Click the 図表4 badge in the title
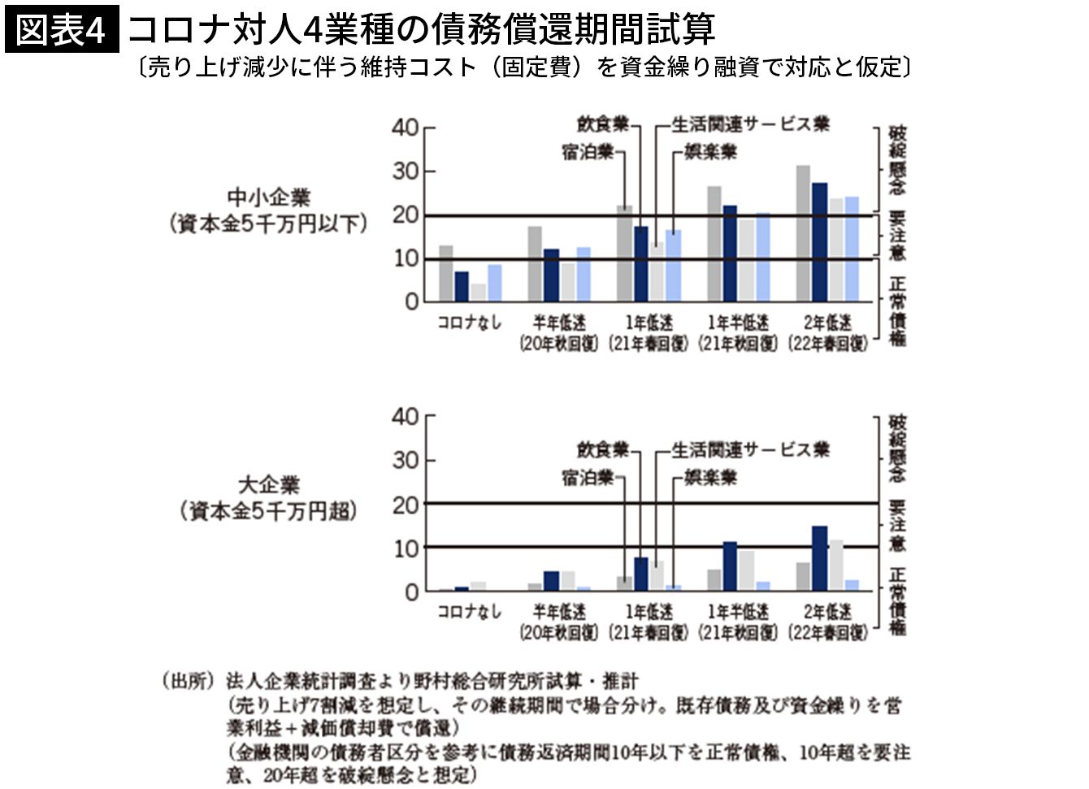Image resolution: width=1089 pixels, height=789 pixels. (62, 30)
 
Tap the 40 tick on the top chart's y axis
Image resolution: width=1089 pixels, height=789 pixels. (405, 128)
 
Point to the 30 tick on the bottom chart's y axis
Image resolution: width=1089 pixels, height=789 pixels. (405, 461)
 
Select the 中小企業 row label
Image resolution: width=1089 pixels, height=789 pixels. (269, 197)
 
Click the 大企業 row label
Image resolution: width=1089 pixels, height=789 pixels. (269, 485)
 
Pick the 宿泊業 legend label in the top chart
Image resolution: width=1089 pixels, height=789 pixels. (587, 152)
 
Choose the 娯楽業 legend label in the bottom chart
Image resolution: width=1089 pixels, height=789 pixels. (710, 477)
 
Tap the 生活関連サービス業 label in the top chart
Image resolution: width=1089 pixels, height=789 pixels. (750, 124)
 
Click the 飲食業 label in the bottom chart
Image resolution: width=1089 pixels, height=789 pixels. (603, 449)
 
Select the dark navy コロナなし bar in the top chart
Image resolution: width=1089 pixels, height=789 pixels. (462, 286)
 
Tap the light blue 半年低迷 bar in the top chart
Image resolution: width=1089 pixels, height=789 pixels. (584, 274)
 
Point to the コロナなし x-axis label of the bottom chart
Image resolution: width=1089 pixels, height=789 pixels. (469, 612)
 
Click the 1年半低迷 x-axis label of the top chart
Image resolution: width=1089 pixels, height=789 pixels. (738, 323)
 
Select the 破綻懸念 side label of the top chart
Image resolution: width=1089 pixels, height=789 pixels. (897, 160)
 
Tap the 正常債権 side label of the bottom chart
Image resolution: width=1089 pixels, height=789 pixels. (897, 601)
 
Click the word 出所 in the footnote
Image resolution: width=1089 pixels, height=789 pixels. (189, 681)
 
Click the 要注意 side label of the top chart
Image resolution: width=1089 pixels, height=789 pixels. (897, 236)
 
